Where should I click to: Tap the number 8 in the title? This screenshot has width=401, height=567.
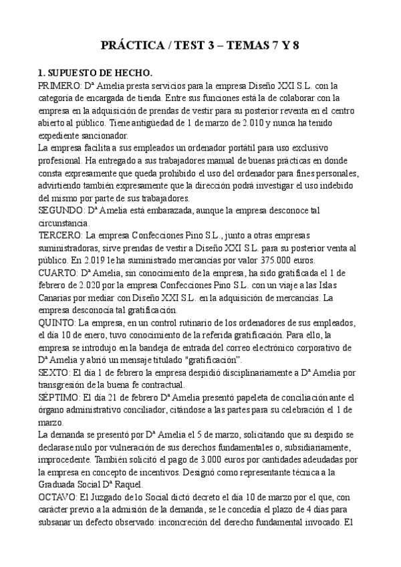click(295, 46)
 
